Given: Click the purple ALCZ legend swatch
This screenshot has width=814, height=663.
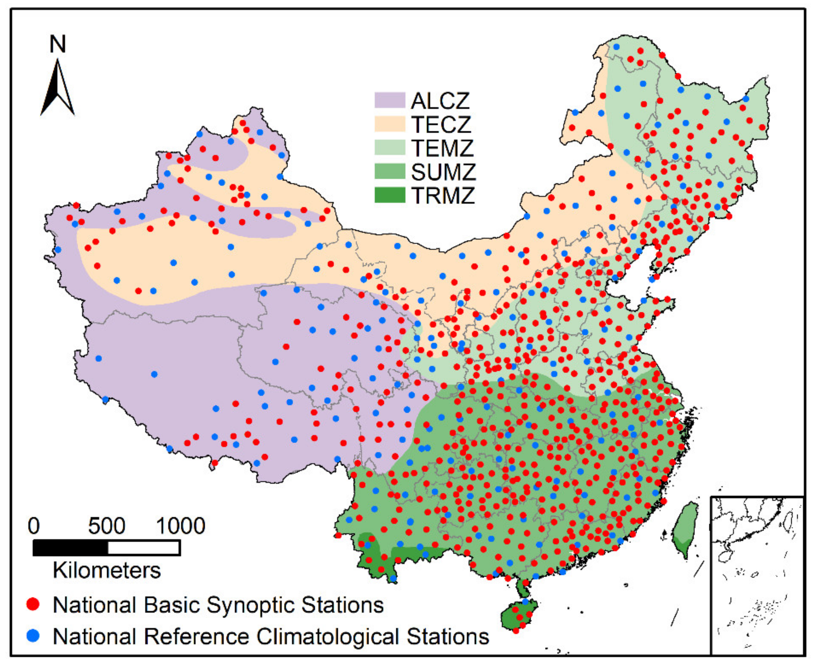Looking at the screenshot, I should pos(389,100).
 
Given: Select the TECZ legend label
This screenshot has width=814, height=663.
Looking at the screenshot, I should pos(441,125).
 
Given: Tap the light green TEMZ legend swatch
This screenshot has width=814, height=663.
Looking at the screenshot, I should pos(389,148).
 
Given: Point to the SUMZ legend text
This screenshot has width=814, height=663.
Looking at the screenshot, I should pos(443,172).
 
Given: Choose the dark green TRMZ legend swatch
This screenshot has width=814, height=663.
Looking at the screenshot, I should pos(389,195).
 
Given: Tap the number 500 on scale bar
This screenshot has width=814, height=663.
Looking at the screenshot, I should pos(106,526).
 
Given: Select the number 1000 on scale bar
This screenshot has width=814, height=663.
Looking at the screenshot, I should pos(181,526).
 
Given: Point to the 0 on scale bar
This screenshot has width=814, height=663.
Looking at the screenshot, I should pos(34,526).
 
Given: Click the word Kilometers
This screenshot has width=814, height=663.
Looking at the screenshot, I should pos(106,571).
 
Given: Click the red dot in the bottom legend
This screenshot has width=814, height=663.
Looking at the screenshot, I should pos(34,605).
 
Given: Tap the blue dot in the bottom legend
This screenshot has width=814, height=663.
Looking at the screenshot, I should pos(34,636).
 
